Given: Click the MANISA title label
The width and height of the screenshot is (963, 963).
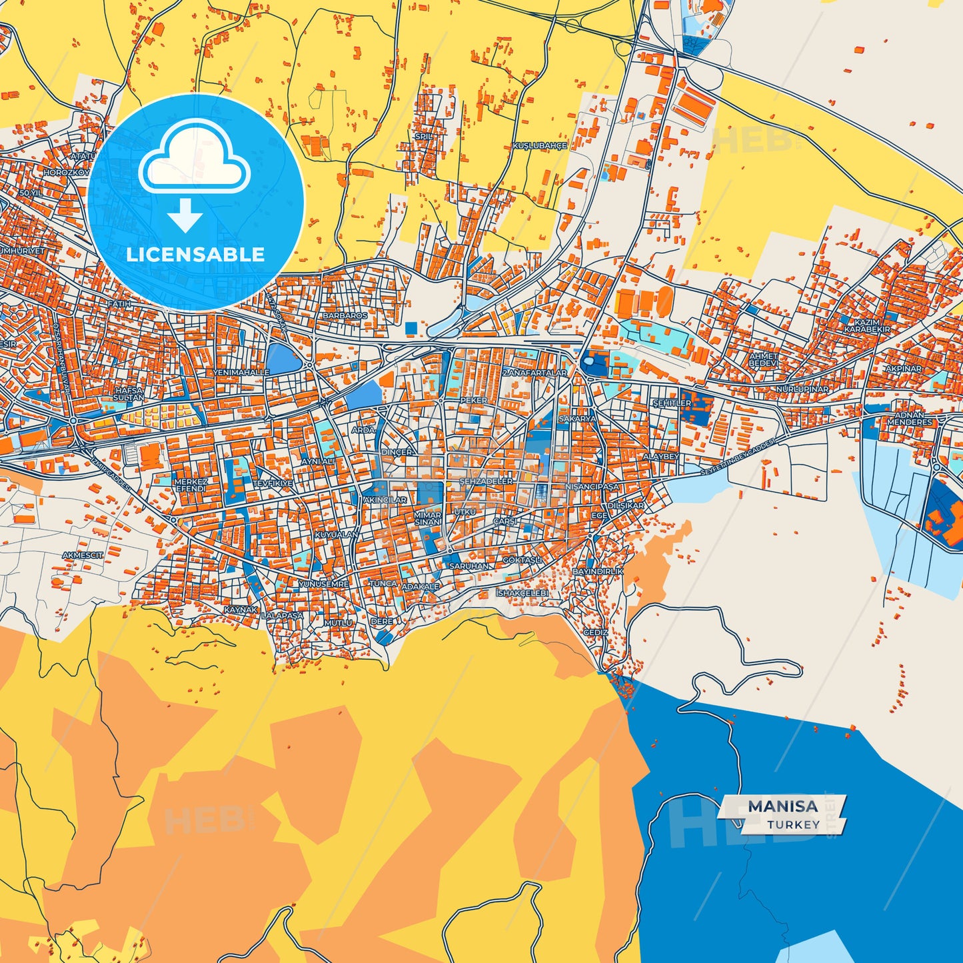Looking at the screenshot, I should [782, 806].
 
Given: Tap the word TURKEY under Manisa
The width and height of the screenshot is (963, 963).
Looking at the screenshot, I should [793, 824].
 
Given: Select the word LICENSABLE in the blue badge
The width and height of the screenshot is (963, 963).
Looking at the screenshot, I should [195, 255].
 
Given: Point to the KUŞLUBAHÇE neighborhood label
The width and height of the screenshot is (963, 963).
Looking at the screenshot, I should [539, 145].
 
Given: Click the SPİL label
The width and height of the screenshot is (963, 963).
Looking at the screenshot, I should [424, 137].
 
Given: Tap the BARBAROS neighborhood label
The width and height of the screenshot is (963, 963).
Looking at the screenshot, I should [345, 315].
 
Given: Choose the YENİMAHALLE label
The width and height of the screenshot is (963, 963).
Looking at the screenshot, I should [241, 373].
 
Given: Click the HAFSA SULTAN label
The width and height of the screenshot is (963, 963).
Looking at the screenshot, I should [129, 394].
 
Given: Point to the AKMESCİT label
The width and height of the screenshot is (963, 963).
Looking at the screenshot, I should [83, 555].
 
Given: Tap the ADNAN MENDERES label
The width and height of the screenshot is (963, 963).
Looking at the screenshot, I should [910, 419].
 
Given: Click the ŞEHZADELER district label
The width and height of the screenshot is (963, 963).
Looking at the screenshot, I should [486, 481].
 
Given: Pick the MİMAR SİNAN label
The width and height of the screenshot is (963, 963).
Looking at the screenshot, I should [428, 518].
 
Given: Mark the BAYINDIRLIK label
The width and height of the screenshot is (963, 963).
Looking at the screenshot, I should [598, 572].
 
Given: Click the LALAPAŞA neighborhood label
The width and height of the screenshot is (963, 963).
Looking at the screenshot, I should [282, 616].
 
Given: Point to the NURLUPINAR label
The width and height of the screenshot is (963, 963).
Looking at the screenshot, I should [802, 389].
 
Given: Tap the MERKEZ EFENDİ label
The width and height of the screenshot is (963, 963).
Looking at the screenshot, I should [191, 485].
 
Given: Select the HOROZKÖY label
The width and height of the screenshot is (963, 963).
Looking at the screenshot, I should [66, 173].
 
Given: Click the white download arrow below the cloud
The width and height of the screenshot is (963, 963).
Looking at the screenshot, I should [185, 216].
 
